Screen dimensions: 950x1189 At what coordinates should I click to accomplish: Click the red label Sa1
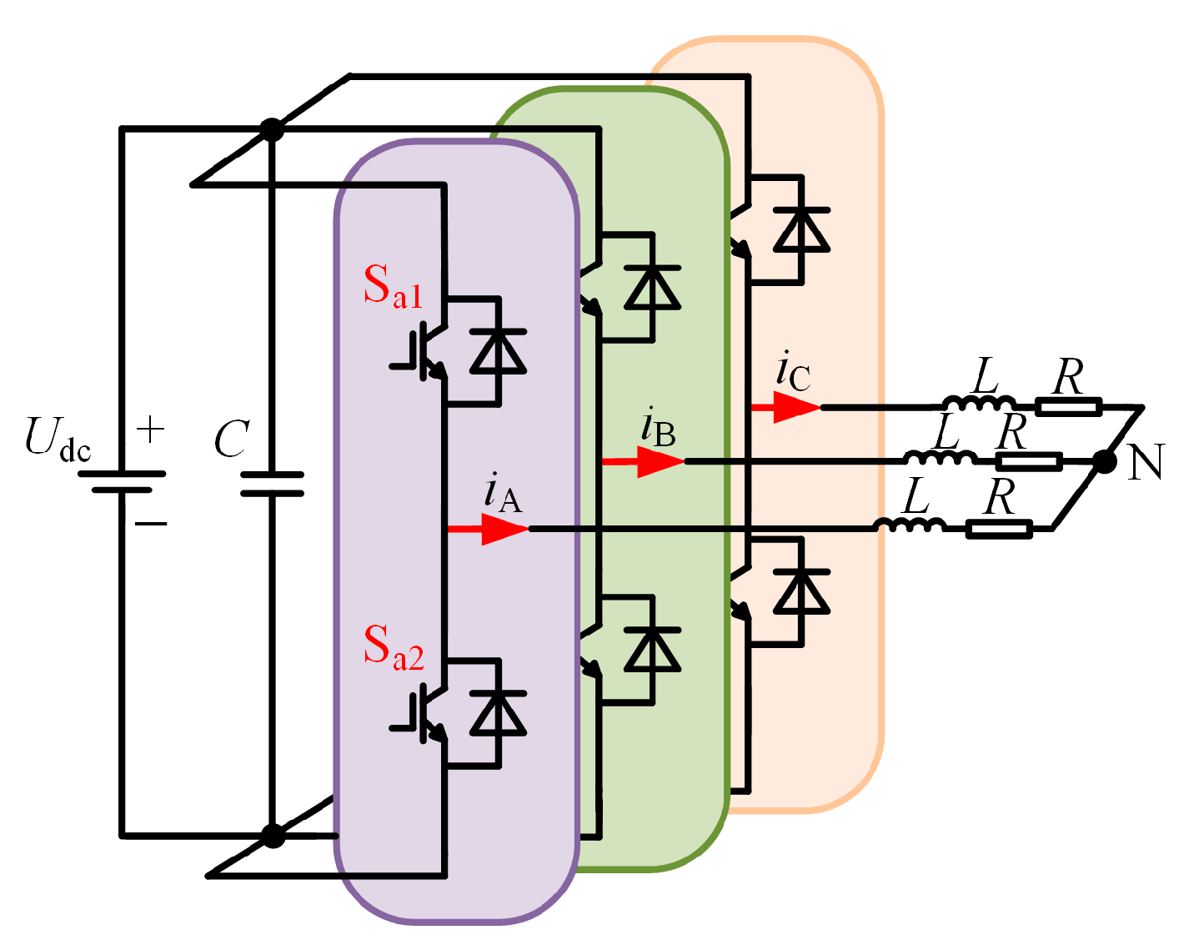(393, 289)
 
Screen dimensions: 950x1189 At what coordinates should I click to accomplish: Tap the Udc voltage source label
(58, 439)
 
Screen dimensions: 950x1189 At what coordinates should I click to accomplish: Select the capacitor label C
(231, 440)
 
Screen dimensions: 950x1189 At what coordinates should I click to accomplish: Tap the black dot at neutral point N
(1104, 462)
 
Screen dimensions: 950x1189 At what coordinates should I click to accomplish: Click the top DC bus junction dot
(272, 130)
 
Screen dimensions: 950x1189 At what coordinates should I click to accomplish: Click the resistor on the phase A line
(999, 528)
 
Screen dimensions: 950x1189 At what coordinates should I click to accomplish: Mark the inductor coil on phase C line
(979, 405)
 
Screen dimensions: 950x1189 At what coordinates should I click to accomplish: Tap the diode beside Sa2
(498, 713)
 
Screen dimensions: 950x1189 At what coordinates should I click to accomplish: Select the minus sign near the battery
(151, 524)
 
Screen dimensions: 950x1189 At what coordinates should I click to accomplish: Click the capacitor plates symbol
(272, 484)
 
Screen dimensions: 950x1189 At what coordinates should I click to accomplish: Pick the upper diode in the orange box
(801, 229)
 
